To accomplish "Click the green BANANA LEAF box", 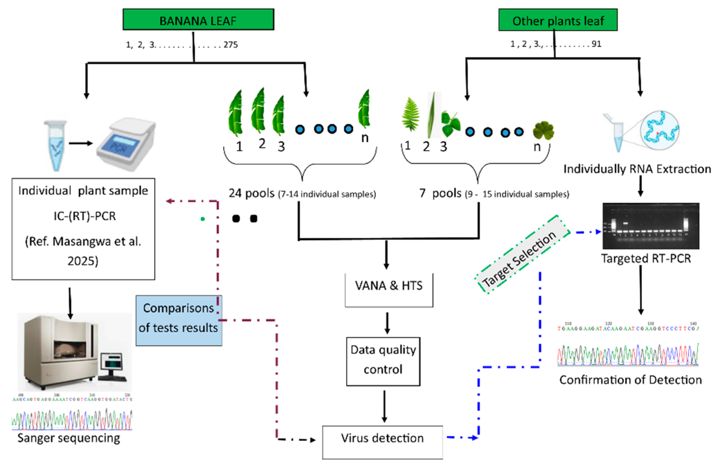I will [198, 20].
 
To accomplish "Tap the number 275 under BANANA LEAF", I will [231, 45].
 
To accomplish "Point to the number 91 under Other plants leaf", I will [596, 44].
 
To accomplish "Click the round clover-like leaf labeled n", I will [543, 131].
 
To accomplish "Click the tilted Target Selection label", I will [519, 259].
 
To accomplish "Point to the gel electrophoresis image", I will [650, 226].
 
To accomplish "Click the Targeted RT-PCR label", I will [646, 259].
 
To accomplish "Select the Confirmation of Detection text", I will [630, 380].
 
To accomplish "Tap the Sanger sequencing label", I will [69, 438].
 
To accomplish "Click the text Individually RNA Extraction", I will [637, 169].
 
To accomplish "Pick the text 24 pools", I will [251, 193].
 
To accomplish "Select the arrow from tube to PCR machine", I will [80, 143].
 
